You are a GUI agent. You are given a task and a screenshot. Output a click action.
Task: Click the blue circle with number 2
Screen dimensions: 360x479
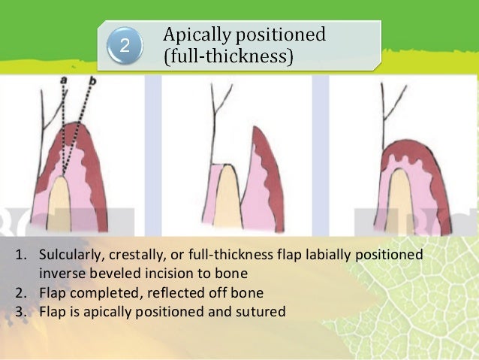125,46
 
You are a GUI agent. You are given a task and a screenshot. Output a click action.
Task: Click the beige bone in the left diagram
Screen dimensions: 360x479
60,207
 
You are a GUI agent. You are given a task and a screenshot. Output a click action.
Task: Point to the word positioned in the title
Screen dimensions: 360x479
285,35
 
